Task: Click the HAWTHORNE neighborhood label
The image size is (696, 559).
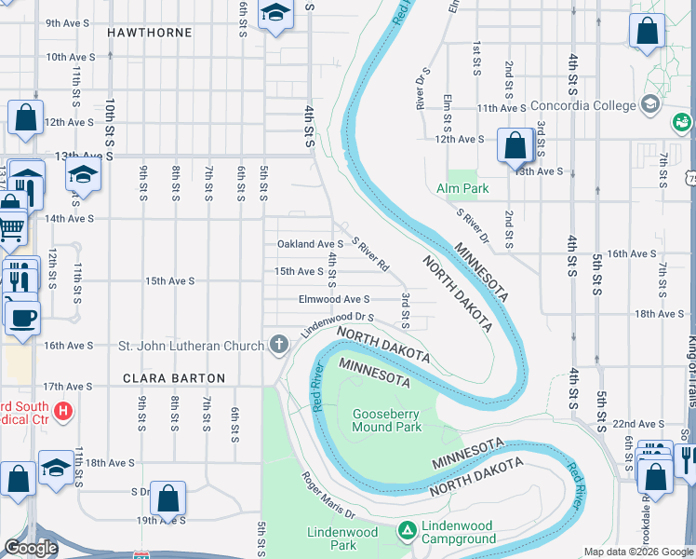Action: coord(149,33)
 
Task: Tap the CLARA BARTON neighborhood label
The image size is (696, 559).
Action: coord(175,378)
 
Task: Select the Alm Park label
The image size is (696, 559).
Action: coord(462,188)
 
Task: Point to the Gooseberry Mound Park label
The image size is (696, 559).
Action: coord(387,420)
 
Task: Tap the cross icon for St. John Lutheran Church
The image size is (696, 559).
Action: coord(277,346)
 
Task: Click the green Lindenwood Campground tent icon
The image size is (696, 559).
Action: coord(407,531)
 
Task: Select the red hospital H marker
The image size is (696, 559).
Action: coord(62,410)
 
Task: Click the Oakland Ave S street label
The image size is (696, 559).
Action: coord(310,244)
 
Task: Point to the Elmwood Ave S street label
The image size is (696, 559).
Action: coord(334,299)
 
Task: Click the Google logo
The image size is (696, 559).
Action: coord(31,548)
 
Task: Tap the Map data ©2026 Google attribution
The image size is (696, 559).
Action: coord(637,552)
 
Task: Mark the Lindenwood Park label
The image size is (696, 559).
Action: coord(342,539)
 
